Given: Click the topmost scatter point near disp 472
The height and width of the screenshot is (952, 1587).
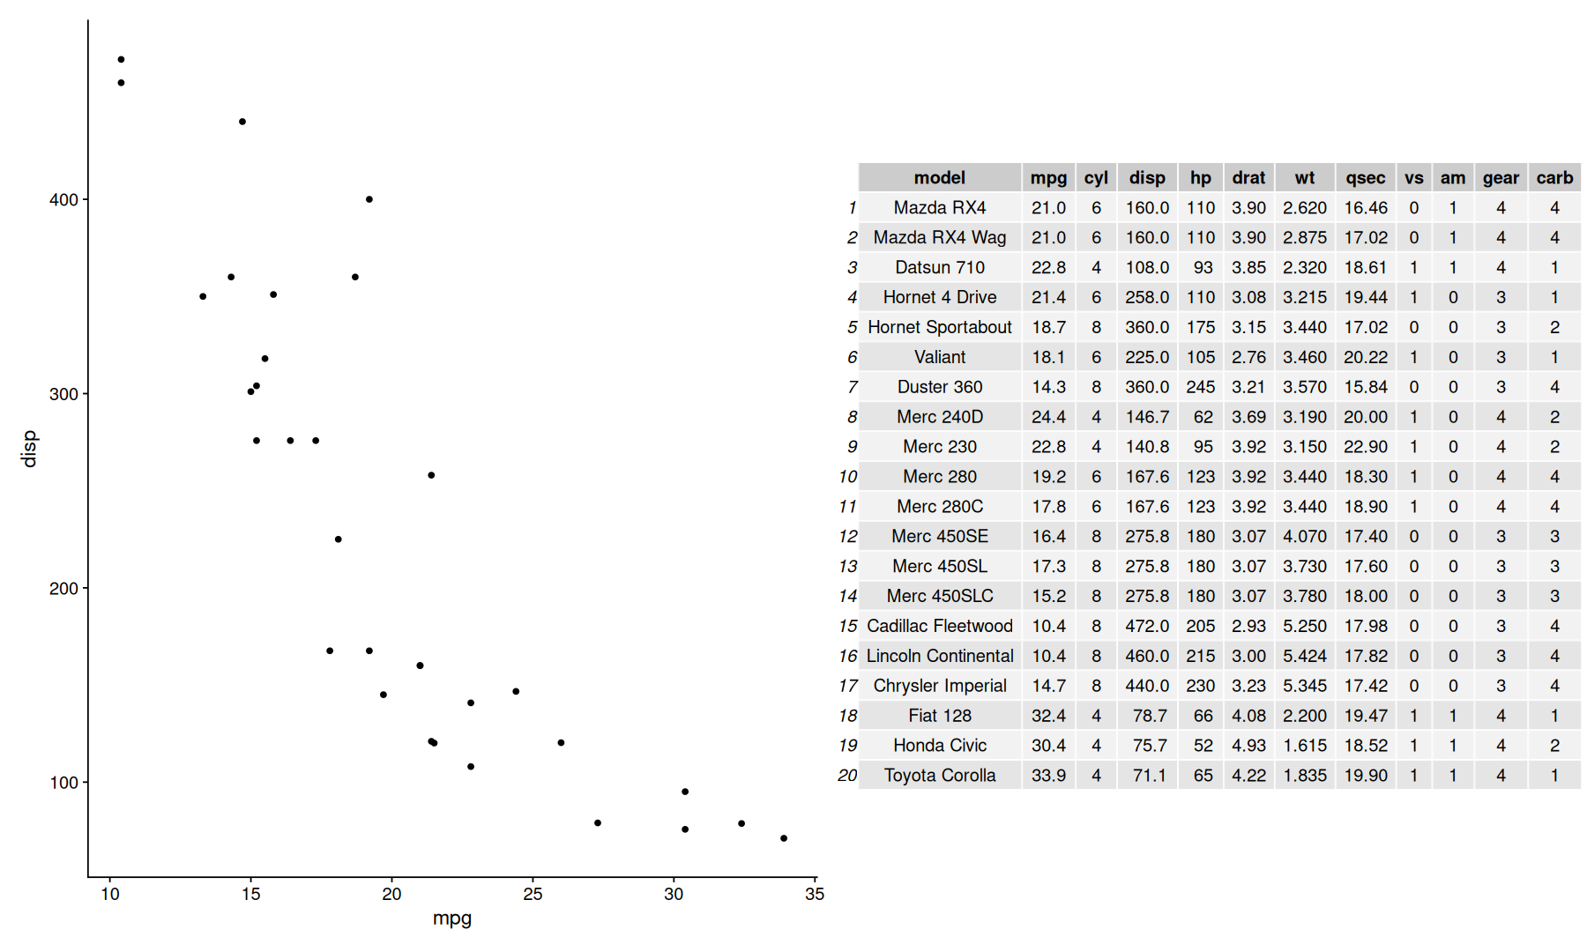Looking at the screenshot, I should pos(121,60).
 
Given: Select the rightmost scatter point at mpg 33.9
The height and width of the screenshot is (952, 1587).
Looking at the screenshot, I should pos(784,838).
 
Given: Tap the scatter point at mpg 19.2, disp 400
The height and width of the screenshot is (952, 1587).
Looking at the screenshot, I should pos(369,199).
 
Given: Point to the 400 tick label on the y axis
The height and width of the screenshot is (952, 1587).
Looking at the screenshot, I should pos(63,200).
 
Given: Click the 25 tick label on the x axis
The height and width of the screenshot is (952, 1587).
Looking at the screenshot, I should pos(533,894).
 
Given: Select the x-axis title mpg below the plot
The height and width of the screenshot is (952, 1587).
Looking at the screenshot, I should pos(452,918).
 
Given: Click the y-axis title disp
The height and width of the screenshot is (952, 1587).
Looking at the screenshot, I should pos(29,448).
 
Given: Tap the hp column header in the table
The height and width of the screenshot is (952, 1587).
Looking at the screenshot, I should pos(1200,177).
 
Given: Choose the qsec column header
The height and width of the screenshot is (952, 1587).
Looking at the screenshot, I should pos(1365,177).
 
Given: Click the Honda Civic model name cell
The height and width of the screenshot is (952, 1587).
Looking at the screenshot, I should pos(940,746).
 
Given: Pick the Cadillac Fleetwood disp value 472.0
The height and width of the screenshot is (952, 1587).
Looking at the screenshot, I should pos(1147,626).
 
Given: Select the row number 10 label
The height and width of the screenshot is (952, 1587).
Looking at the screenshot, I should pos(847,477).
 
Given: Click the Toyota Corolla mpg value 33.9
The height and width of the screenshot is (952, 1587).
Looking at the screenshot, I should pos(1048,776).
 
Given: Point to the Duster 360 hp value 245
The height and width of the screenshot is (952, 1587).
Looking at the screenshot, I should pos(1200,387).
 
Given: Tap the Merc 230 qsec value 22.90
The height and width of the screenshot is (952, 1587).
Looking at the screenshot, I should pos(1365,447).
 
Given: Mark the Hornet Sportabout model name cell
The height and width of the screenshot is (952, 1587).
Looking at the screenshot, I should pos(940,327).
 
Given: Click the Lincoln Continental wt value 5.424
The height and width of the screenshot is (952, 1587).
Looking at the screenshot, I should pos(1304,656).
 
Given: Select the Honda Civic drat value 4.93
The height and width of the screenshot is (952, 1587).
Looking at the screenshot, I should pos(1248,746).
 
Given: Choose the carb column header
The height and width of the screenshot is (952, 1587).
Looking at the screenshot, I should pos(1554,177).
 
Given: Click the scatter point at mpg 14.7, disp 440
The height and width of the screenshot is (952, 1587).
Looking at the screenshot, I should pos(242,122).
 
